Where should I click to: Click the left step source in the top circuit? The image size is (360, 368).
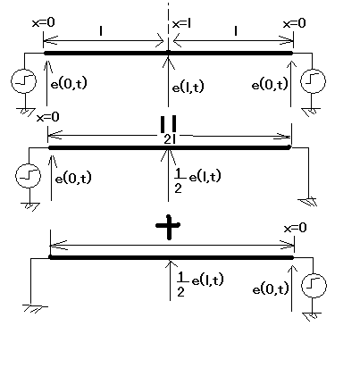click(23, 80)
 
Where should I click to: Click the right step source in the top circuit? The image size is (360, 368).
click(313, 81)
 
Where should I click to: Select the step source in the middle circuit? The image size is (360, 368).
click(28, 175)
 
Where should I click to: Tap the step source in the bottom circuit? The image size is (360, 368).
click(314, 285)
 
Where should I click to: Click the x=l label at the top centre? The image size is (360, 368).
click(181, 23)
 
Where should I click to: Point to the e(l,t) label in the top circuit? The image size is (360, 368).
click(188, 87)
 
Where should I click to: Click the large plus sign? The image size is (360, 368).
click(169, 227)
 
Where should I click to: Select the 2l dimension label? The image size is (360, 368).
click(169, 139)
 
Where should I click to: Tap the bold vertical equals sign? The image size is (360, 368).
click(168, 124)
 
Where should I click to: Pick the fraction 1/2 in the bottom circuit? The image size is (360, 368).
click(180, 284)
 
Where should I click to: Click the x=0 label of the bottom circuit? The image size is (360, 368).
click(295, 228)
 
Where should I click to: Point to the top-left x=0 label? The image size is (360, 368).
click(44, 22)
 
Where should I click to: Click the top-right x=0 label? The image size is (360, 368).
click(294, 23)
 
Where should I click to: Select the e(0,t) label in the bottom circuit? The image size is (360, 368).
click(271, 289)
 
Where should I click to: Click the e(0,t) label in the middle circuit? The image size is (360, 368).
click(73, 178)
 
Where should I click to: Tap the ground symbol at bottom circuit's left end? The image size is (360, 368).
click(35, 308)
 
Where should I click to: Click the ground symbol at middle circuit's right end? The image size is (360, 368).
click(308, 202)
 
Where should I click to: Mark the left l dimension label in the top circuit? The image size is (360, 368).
click(101, 31)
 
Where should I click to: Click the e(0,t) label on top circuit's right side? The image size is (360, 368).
click(270, 84)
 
